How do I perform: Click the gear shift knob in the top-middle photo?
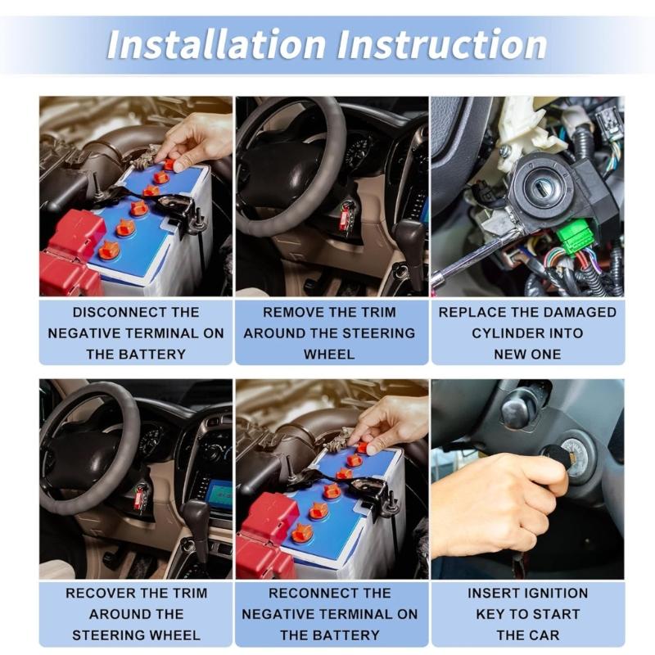tap(409, 237)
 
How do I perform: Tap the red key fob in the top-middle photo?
tap(345, 218)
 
